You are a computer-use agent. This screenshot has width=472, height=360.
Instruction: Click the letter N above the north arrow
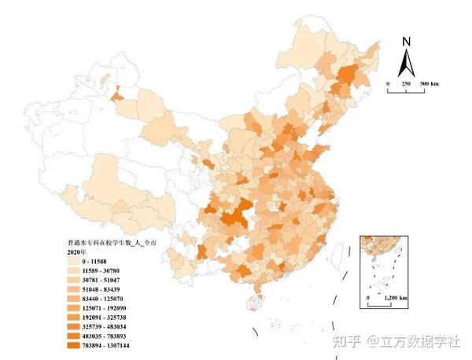coord(406,42)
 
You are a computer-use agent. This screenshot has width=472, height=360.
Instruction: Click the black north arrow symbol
coord(406,62)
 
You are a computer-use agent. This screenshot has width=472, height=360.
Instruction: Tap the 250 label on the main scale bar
coord(407,83)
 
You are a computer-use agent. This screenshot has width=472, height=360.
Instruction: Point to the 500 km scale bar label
coord(429,83)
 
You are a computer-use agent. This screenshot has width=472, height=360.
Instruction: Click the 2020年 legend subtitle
coord(76,252)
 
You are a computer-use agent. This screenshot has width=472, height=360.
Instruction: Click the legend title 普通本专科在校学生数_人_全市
coord(105,244)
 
